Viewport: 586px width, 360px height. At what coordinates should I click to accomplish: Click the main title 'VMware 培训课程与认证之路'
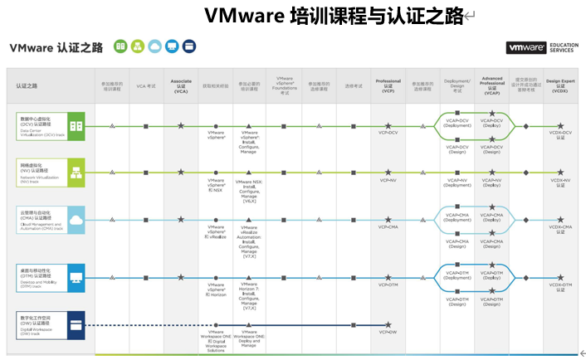[x=334, y=17]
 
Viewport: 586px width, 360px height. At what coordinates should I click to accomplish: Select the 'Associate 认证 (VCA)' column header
[x=181, y=85]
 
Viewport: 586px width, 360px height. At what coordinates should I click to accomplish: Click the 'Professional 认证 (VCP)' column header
[x=388, y=85]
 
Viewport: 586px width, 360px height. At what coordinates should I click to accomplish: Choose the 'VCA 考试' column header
[x=146, y=85]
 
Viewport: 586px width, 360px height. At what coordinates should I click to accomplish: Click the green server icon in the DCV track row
[x=76, y=126]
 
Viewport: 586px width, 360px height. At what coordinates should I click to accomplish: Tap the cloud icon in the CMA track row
[x=76, y=220]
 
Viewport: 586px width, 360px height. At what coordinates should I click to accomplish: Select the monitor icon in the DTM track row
[x=76, y=276]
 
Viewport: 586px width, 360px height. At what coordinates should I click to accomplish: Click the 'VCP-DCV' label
[x=388, y=133]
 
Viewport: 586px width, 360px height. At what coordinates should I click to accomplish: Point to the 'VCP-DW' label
[x=388, y=332]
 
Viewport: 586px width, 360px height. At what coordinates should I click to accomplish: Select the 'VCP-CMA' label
[x=388, y=226]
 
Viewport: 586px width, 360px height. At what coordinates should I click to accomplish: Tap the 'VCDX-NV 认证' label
[x=560, y=182]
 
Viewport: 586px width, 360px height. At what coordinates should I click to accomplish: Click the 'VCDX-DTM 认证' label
[x=560, y=287]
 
